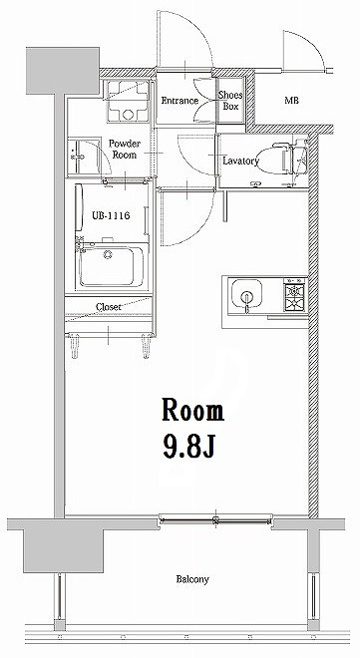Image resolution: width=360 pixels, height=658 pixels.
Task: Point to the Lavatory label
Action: point(241,161)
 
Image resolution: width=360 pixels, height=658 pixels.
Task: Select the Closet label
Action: point(110,307)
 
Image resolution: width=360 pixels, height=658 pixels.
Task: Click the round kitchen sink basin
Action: point(243,295)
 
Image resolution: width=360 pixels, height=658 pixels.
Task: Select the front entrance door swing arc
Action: point(184,40)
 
